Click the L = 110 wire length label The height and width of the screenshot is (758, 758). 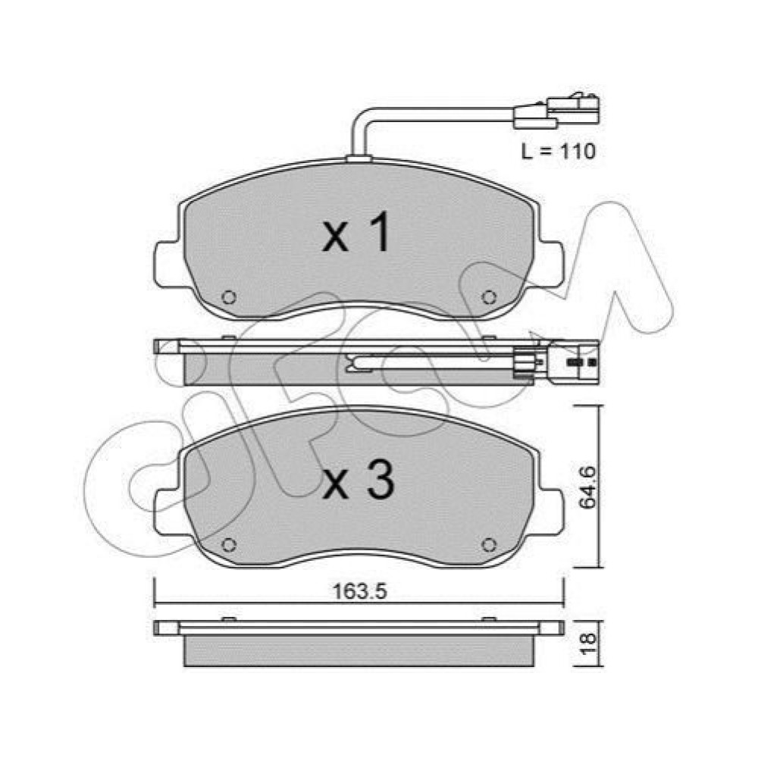559,152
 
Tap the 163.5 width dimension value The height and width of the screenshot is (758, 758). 360,591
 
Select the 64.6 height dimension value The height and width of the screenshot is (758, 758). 588,487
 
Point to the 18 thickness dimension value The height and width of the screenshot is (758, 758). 588,644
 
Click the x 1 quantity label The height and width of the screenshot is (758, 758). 356,233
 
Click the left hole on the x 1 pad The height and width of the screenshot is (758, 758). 229,297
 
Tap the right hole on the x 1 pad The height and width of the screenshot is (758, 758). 489,297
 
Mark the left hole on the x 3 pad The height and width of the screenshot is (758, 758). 229,545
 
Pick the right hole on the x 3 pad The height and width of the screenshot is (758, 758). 489,545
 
